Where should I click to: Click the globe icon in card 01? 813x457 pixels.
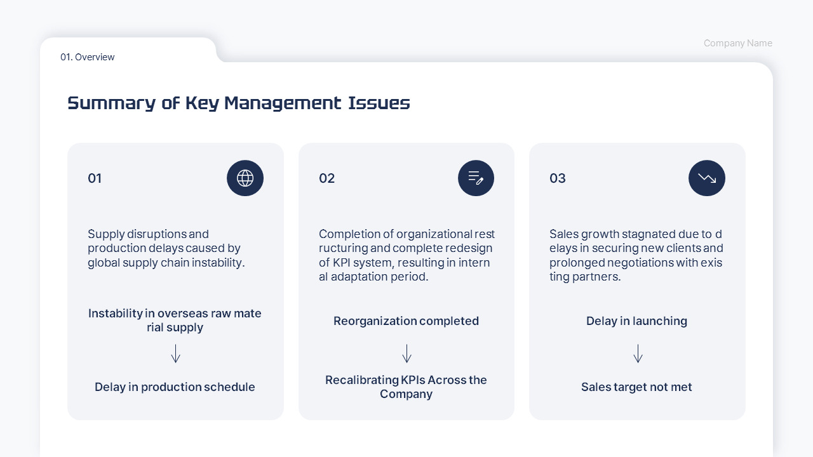pyautogui.click(x=245, y=178)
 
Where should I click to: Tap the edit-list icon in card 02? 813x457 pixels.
pyautogui.click(x=476, y=178)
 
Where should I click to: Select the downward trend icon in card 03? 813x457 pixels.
pyautogui.click(x=707, y=178)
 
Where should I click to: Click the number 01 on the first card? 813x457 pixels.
pyautogui.click(x=95, y=178)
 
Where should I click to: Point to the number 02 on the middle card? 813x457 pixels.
pyautogui.click(x=326, y=178)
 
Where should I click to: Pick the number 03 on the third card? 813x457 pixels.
pyautogui.click(x=558, y=178)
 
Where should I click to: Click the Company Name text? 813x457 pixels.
pyautogui.click(x=737, y=43)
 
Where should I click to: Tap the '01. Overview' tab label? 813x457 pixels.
pyautogui.click(x=88, y=57)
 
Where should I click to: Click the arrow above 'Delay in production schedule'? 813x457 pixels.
pyautogui.click(x=176, y=354)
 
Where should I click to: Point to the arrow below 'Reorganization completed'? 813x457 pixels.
pyautogui.click(x=407, y=354)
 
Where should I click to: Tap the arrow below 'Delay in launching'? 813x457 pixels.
pyautogui.click(x=638, y=354)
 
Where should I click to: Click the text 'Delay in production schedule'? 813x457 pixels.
pyautogui.click(x=175, y=387)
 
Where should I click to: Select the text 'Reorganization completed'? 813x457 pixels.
pyautogui.click(x=406, y=321)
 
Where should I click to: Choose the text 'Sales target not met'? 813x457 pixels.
pyautogui.click(x=636, y=387)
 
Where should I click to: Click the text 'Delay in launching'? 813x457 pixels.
pyautogui.click(x=636, y=321)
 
